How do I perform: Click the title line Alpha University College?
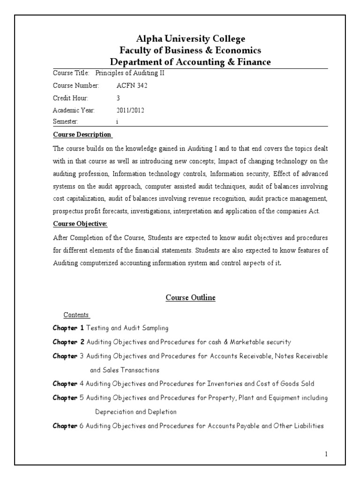(x=190, y=38)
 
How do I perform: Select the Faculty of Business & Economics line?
(x=190, y=50)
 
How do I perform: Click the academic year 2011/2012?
(x=130, y=111)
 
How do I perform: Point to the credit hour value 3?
(x=118, y=98)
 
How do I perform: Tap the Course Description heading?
(x=82, y=135)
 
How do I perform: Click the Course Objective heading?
(x=80, y=224)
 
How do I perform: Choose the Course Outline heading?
(x=191, y=298)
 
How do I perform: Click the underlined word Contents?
(x=76, y=315)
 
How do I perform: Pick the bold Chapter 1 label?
(x=68, y=328)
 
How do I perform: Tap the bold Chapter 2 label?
(x=68, y=342)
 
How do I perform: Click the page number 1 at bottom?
(x=326, y=454)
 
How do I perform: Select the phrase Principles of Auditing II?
(x=130, y=74)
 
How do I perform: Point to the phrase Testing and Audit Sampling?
(x=127, y=328)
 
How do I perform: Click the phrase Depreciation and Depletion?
(x=136, y=412)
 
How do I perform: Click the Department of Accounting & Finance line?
(x=190, y=62)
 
